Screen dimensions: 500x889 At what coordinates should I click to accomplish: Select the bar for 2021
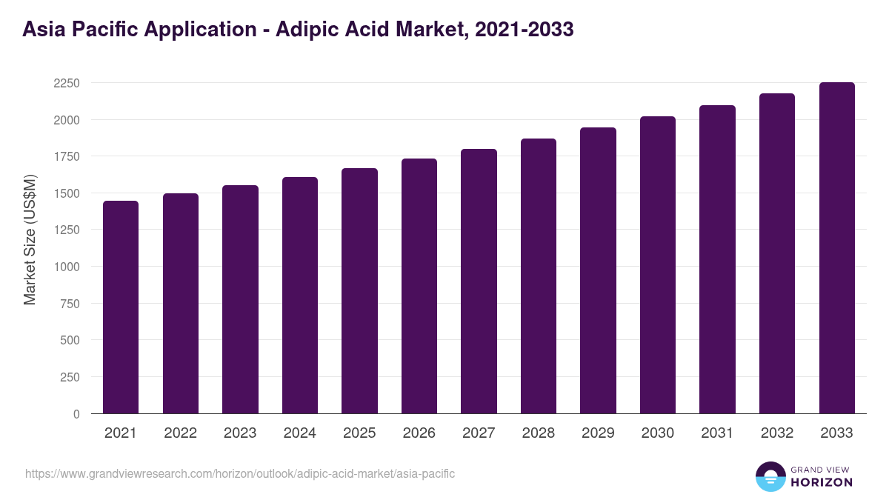(x=121, y=307)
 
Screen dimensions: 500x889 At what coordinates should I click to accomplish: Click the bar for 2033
(x=836, y=248)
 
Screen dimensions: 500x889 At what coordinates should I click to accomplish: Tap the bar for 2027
(x=479, y=281)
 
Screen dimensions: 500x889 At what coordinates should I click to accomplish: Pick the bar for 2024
(x=300, y=296)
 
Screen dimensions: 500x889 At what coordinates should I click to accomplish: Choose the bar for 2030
(x=658, y=265)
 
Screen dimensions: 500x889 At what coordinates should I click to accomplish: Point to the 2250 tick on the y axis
(x=67, y=83)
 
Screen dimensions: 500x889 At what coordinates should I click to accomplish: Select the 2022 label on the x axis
(x=180, y=433)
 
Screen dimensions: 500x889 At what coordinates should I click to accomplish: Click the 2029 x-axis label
(x=598, y=433)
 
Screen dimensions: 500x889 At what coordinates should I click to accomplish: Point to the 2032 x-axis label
(x=777, y=433)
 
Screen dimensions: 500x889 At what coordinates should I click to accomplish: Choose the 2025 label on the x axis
(x=359, y=433)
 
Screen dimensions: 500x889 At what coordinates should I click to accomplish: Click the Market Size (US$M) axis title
(x=30, y=239)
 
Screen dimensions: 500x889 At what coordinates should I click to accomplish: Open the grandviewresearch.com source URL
(x=240, y=473)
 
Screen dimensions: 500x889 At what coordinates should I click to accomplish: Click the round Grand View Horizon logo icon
(x=770, y=476)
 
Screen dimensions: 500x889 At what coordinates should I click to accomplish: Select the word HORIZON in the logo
(x=822, y=482)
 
